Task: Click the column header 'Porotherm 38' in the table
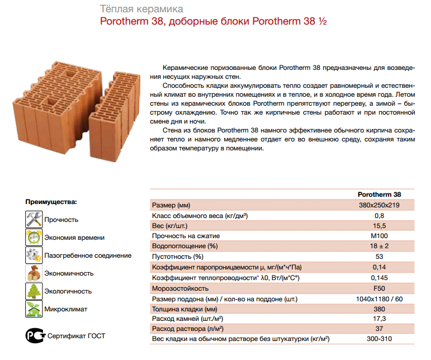(379, 195)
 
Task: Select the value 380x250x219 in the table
(379, 205)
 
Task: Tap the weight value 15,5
(379, 225)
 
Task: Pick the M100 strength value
(379, 236)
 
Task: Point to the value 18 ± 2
(379, 246)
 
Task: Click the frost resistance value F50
(379, 288)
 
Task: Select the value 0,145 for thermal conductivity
(379, 277)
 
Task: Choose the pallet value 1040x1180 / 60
(379, 299)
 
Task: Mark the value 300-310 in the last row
(379, 339)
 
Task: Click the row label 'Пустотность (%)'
(178, 257)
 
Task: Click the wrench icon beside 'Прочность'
(35, 219)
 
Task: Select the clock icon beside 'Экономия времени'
(35, 237)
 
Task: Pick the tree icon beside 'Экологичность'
(35, 291)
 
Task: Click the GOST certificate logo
(35, 335)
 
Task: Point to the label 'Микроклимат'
(66, 309)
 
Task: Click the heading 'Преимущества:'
(51, 201)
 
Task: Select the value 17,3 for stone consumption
(379, 319)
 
